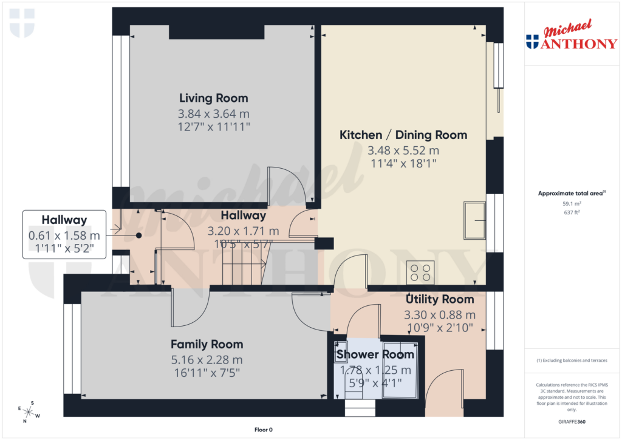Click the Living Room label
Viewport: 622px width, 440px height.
tap(213, 98)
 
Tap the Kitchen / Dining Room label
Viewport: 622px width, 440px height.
tap(403, 135)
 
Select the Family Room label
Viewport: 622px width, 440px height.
tap(207, 344)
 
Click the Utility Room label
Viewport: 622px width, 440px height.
tap(440, 299)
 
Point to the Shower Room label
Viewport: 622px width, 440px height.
tap(375, 354)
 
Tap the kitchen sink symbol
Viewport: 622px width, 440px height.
tap(474, 220)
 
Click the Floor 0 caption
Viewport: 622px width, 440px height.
tap(263, 430)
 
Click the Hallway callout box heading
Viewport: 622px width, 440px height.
tap(64, 220)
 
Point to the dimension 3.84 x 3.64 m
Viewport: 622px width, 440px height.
tap(213, 113)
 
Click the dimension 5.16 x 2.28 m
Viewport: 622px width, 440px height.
tap(207, 360)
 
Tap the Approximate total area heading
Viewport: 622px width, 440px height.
tap(571, 193)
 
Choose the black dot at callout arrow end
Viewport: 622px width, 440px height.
tap(138, 235)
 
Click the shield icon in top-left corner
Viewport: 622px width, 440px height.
tap(22, 22)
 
